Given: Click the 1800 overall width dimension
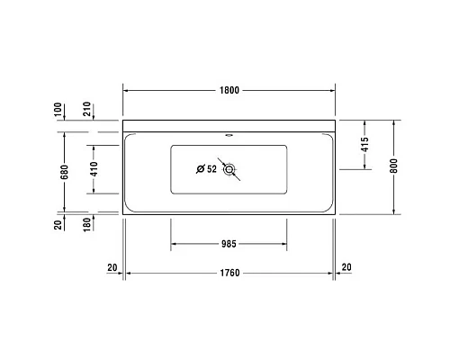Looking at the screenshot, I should [229, 91].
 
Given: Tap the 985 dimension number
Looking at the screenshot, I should [229, 243].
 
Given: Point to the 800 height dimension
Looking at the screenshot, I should [394, 166].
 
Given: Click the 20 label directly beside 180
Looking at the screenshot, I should [59, 226].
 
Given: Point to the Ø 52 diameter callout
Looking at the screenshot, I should [205, 168].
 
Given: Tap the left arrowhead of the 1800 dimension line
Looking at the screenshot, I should [126, 91].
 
